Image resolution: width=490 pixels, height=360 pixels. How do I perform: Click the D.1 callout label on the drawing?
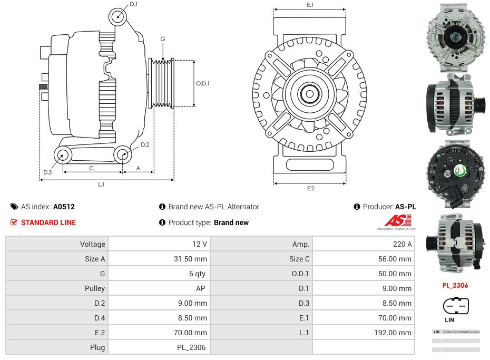134,4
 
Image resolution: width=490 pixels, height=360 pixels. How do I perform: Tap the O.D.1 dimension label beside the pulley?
203,83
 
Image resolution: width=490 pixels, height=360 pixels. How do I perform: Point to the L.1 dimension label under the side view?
101,184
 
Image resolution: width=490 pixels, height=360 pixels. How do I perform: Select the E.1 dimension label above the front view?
310,5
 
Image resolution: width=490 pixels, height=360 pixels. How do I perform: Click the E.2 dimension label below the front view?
310,188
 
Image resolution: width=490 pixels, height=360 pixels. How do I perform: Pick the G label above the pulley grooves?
163,39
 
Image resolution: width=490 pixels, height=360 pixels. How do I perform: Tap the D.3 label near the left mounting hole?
47,172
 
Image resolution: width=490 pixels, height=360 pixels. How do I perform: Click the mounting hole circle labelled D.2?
123,155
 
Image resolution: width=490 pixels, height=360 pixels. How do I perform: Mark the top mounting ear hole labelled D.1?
118,17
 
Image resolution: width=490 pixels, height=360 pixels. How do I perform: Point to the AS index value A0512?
64,207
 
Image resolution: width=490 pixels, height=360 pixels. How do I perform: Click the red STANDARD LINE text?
48,222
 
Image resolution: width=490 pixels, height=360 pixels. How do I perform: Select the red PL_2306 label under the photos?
455,286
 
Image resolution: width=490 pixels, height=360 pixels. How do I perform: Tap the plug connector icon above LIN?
456,306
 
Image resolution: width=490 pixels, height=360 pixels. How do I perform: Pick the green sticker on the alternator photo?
459,170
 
